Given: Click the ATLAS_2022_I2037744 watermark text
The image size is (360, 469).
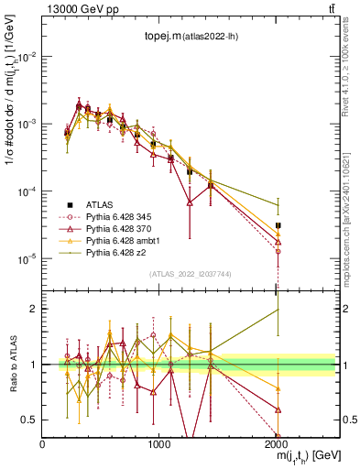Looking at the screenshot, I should click(190, 274).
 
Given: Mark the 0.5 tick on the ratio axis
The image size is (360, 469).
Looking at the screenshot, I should click(29, 420).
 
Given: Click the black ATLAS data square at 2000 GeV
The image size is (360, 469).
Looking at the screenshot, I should click(278, 224).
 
